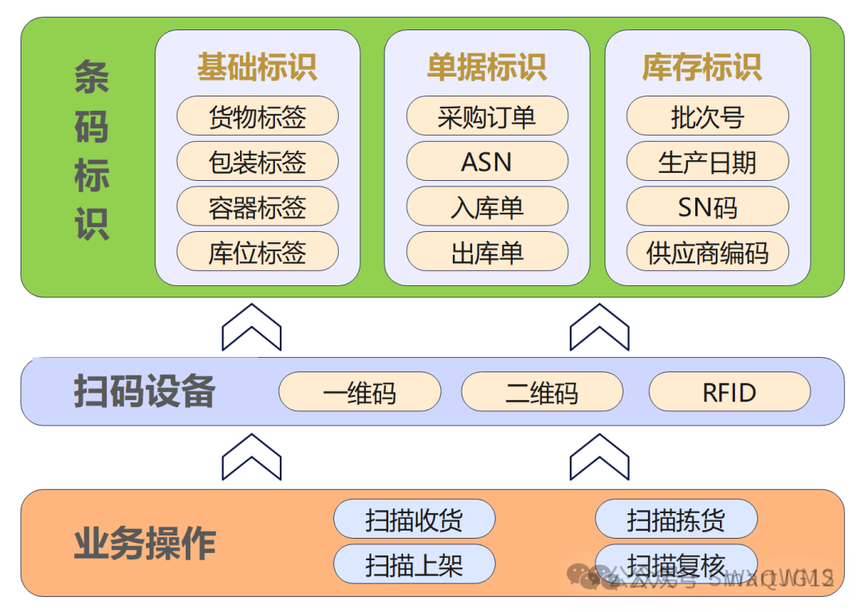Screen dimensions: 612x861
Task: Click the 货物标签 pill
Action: click(258, 116)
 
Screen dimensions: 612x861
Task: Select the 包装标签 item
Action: click(258, 162)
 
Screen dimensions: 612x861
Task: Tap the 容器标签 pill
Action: click(258, 207)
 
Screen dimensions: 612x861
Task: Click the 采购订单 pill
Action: click(487, 116)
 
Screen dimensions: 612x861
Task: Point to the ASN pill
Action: click(487, 162)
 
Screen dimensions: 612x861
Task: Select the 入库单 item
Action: click(487, 207)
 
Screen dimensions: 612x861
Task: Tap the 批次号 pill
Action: click(707, 116)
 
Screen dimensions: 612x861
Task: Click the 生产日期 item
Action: click(707, 162)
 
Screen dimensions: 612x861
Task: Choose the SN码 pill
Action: click(707, 207)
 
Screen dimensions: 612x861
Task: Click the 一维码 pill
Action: click(360, 392)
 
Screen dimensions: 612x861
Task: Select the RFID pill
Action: click(729, 392)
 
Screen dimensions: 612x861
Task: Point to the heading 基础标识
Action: click(258, 68)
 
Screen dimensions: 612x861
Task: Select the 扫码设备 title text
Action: click(144, 391)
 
